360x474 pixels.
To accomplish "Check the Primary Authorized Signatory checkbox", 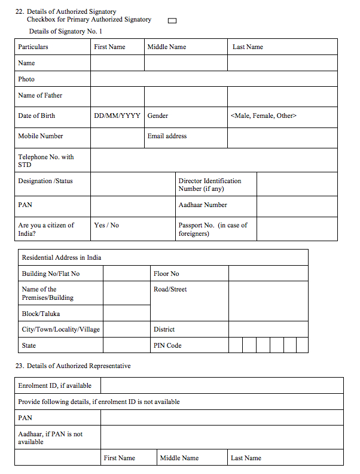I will (x=172, y=20).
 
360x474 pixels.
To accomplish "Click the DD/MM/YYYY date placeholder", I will (x=117, y=116).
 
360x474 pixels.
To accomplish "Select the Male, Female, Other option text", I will (x=263, y=116).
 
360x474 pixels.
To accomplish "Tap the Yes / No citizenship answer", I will (x=106, y=225).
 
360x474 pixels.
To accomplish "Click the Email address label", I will (x=167, y=136).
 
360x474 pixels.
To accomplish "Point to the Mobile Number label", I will (x=40, y=136).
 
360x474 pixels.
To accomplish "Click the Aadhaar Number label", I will (x=203, y=205).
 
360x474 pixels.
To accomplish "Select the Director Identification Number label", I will (x=210, y=184).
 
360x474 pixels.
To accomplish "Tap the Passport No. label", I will (x=212, y=229).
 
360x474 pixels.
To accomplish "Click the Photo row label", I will (x=26, y=79).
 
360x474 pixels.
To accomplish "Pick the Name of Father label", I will (x=40, y=95).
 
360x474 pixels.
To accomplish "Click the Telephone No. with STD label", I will (x=45, y=160).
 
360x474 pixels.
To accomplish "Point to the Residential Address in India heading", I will (x=62, y=257).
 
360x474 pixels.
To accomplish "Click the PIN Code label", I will (x=167, y=345).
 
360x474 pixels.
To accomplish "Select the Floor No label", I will (x=166, y=274).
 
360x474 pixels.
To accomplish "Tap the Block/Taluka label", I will (x=41, y=314).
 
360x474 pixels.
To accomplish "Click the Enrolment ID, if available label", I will (x=54, y=385).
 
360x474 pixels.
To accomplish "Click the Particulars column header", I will (x=33, y=47).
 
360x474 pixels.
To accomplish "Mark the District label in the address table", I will (x=164, y=329).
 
